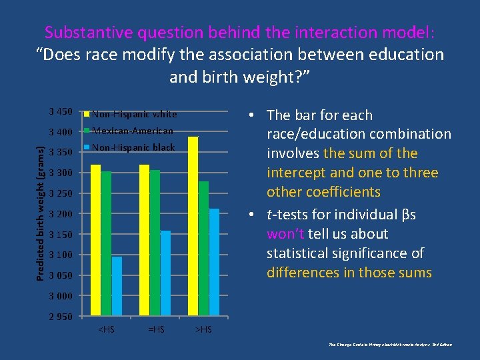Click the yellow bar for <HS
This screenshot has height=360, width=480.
(x=95, y=240)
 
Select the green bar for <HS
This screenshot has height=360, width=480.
(x=106, y=243)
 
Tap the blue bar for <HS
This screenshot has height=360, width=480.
(x=117, y=286)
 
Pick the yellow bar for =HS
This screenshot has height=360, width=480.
(x=144, y=240)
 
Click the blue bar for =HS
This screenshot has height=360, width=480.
(x=165, y=273)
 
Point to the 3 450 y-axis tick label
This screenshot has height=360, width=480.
(x=61, y=111)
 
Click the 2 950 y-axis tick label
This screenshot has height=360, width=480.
(x=61, y=316)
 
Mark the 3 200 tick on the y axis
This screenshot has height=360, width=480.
(x=61, y=213)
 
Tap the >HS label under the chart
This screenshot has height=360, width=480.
(x=203, y=329)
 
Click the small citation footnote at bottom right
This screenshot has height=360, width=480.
(x=391, y=345)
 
